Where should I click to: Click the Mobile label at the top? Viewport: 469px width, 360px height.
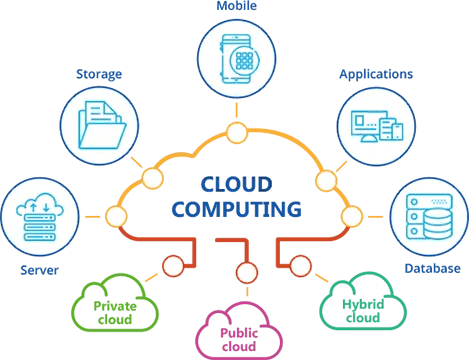pos(236,5)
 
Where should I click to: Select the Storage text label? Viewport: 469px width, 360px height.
pos(100,73)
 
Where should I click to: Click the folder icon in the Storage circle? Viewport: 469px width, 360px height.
pos(100,124)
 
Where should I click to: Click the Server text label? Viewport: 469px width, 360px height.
pos(39,270)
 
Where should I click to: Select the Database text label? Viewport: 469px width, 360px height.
pos(432,268)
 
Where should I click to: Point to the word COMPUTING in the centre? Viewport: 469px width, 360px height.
pos(236,211)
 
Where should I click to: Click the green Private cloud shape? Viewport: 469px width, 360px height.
pos(116,307)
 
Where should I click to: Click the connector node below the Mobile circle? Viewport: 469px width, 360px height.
pos(236,133)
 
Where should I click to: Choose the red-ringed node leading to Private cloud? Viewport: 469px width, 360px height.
pos(173,265)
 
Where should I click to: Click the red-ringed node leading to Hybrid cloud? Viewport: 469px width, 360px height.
pos(299,265)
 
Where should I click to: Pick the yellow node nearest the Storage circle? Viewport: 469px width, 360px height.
pos(152,179)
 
